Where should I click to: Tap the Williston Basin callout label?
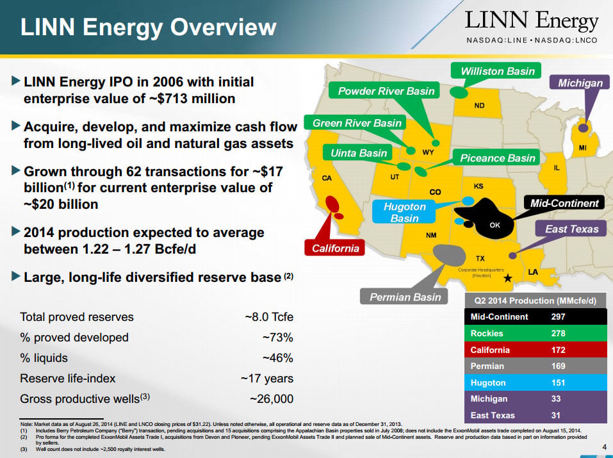pyautogui.click(x=497, y=71)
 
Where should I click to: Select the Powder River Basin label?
pyautogui.click(x=386, y=91)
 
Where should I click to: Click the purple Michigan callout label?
pyautogui.click(x=580, y=83)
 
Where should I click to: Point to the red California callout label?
pyautogui.click(x=335, y=249)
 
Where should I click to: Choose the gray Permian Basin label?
pyautogui.click(x=405, y=297)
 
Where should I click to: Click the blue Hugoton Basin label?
pyautogui.click(x=404, y=213)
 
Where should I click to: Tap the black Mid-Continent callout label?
pyautogui.click(x=564, y=204)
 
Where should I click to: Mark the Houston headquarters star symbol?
pyautogui.click(x=507, y=278)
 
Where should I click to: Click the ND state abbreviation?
pyautogui.click(x=479, y=106)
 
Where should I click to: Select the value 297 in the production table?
pyautogui.click(x=559, y=317)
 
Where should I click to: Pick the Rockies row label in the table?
pyautogui.click(x=487, y=333)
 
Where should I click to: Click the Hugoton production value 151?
pyautogui.click(x=559, y=382)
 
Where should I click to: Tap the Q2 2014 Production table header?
pyautogui.click(x=535, y=301)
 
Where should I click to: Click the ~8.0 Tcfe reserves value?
pyautogui.click(x=269, y=317)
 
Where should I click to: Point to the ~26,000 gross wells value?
pyautogui.click(x=272, y=399)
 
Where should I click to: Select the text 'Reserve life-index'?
pyautogui.click(x=68, y=379)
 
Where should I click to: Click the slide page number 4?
pyautogui.click(x=605, y=447)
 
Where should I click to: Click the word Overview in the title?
pyautogui.click(x=223, y=27)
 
